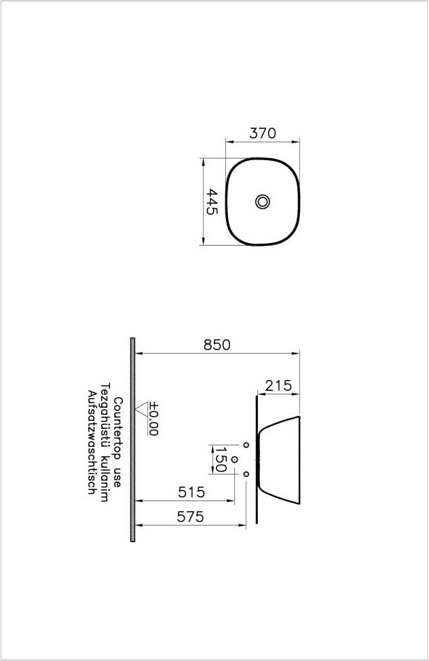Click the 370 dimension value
(x=263, y=133)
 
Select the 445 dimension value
(x=212, y=202)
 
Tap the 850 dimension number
(x=217, y=345)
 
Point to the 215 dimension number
(x=278, y=385)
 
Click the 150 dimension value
(x=221, y=459)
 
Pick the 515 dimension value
(x=191, y=492)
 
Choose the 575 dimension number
(x=190, y=516)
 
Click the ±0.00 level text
(x=153, y=419)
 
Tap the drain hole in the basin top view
(x=263, y=202)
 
